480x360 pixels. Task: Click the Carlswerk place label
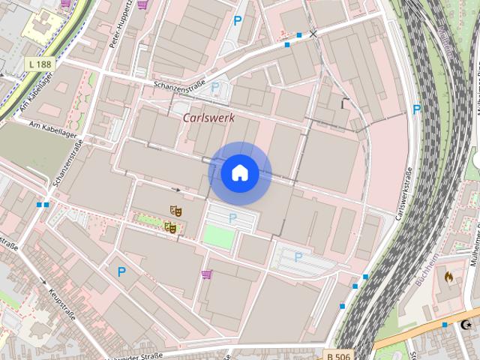coord(208,118)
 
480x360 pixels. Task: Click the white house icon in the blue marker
coord(239,173)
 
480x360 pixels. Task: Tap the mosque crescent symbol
coord(469,325)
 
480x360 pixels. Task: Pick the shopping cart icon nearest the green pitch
coord(206,274)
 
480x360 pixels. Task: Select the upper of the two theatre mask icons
coord(175,211)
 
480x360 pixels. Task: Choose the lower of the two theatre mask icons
coord(170,226)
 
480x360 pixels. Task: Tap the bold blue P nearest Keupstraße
coord(121,271)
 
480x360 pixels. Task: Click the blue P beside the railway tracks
coord(416,109)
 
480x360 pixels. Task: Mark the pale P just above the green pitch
coord(232,217)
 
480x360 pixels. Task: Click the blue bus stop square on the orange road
coord(445,325)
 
